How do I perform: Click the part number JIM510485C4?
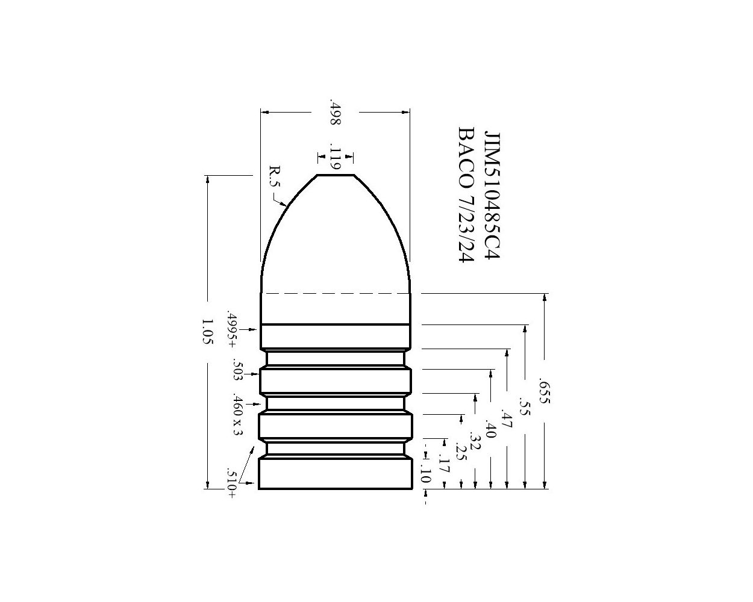493,195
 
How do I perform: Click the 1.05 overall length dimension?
208,332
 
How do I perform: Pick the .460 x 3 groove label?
238,416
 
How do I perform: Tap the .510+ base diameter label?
231,483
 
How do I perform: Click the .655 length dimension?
544,391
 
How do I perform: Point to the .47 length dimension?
507,418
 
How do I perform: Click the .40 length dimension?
490,431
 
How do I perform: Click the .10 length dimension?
425,475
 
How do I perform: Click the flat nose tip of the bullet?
336,175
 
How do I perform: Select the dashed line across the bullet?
336,294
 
